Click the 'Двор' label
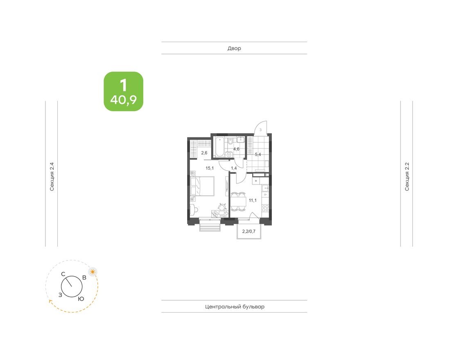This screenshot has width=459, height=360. [x=234, y=48]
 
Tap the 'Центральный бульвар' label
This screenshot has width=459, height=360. [x=234, y=306]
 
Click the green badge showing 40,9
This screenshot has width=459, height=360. [x=123, y=92]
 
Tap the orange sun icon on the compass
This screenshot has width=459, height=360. [x=93, y=271]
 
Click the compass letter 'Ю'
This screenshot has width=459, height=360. [x=81, y=299]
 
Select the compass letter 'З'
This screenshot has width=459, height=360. [x=60, y=295]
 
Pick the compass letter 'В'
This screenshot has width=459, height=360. [x=84, y=277]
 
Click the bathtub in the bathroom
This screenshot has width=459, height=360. [x=219, y=147]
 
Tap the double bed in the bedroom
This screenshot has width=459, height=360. [x=203, y=186]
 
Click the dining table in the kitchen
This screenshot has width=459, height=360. [x=237, y=201]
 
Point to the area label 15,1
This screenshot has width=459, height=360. [x=210, y=168]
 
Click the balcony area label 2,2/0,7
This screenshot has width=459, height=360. [x=249, y=232]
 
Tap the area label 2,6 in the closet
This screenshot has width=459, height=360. [x=204, y=153]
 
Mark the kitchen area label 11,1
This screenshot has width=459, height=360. [x=253, y=200]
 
